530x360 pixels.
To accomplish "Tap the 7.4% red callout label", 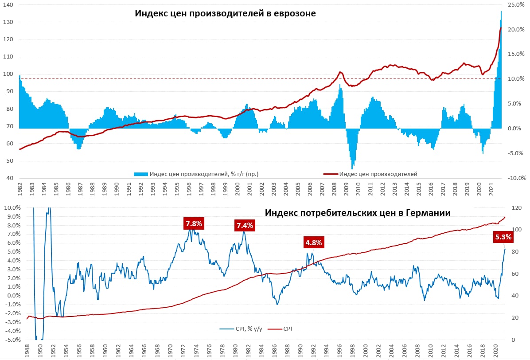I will (x=245, y=226).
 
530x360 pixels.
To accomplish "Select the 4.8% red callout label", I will (x=313, y=243).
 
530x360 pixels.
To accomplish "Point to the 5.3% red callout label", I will (x=503, y=237).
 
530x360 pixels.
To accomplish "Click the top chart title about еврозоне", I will (x=225, y=14).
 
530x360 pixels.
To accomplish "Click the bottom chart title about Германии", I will (x=358, y=213).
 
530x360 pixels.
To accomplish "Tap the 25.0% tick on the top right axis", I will (x=516, y=4).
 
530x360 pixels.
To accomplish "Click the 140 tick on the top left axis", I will (x=8, y=4).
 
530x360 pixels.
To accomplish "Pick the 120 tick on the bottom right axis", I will (x=516, y=207).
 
